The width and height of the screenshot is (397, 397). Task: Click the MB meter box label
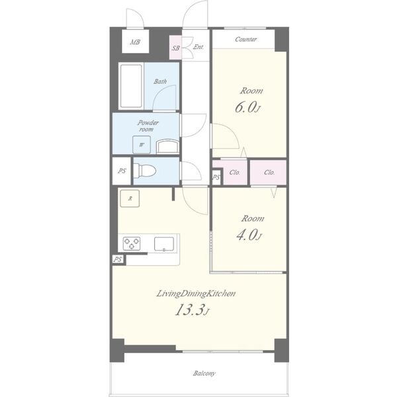135,42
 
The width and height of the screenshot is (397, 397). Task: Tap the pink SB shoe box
175,48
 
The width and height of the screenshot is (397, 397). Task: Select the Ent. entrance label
198,47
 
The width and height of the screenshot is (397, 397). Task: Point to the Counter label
245,39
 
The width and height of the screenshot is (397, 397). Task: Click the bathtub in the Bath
131,86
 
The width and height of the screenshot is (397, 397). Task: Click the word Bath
160,81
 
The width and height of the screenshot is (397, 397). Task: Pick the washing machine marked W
142,144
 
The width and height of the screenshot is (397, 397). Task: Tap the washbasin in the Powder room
167,147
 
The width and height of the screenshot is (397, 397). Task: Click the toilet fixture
144,171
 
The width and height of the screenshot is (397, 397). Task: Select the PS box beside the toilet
122,171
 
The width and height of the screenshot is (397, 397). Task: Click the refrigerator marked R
130,198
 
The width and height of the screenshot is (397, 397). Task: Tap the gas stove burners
132,243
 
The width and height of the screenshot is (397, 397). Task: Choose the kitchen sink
164,243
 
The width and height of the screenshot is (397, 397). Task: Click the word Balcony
204,373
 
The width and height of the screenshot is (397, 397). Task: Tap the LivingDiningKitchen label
196,293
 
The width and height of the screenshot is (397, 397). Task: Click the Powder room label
148,126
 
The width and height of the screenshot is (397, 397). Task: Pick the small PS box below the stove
118,259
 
